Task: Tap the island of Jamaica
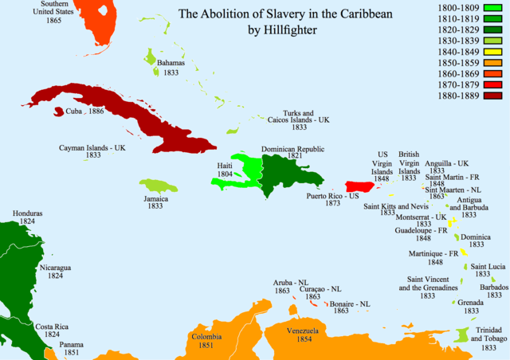tap(157, 187)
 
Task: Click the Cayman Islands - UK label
tap(92, 148)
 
